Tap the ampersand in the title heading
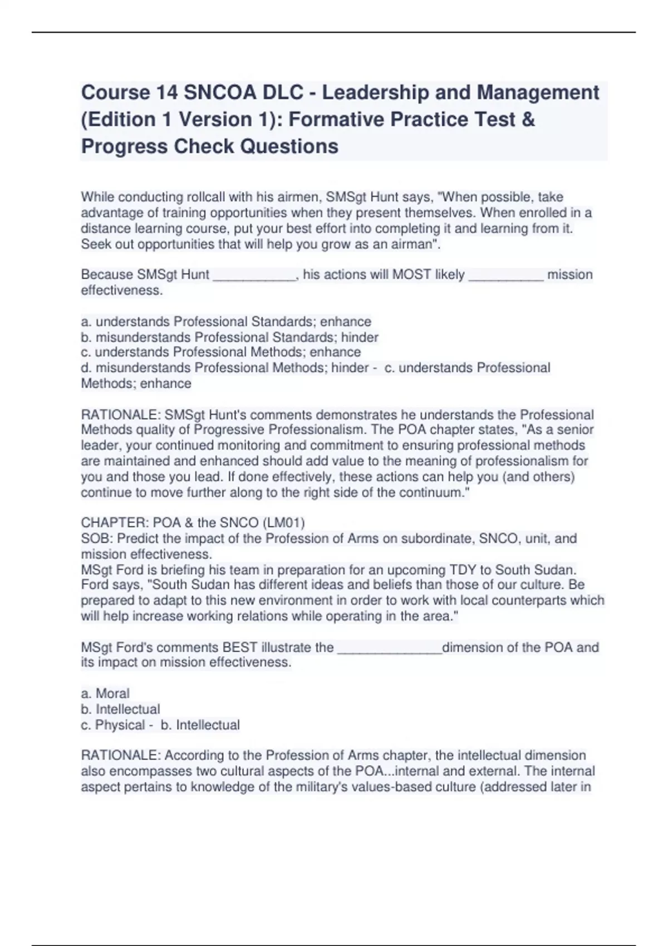pos(529,119)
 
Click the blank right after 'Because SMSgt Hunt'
pos(254,275)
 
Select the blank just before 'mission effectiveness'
pos(506,275)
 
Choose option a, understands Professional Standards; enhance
pos(226,322)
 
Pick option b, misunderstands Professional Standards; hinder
pos(229,337)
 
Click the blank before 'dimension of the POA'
pos(389,648)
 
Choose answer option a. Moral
pos(105,693)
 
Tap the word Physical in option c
pos(120,725)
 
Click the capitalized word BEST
pos(240,648)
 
